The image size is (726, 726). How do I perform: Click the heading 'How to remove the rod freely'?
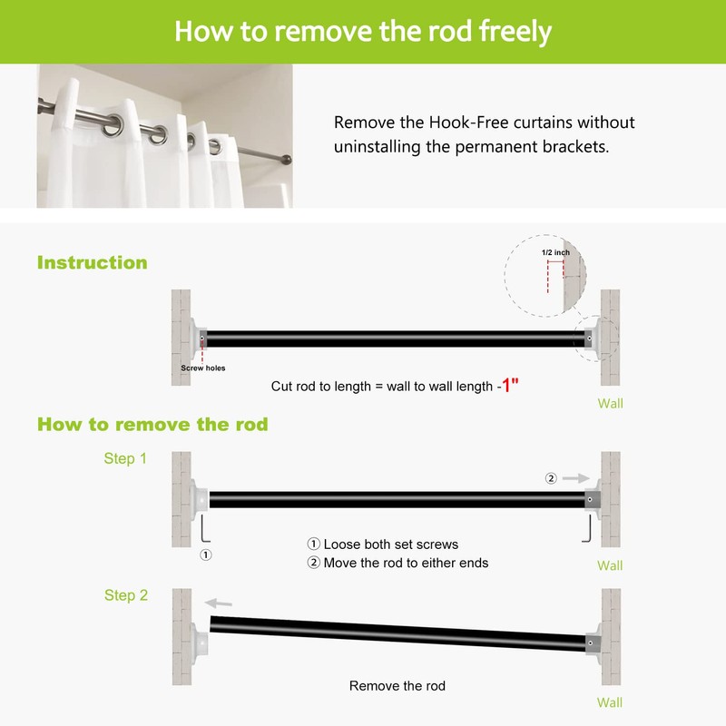pyautogui.click(x=363, y=31)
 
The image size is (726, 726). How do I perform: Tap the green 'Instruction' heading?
pyautogui.click(x=92, y=263)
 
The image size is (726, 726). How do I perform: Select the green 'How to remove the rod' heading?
pyautogui.click(x=152, y=424)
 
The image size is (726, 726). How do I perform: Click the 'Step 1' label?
pyautogui.click(x=125, y=459)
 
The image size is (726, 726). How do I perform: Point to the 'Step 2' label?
pyautogui.click(x=125, y=595)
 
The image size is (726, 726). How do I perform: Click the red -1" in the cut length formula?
pyautogui.click(x=509, y=386)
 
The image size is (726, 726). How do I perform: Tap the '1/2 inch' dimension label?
pyautogui.click(x=554, y=252)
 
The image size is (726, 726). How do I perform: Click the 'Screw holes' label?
pyautogui.click(x=202, y=368)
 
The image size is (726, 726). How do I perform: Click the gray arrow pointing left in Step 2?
pyautogui.click(x=218, y=602)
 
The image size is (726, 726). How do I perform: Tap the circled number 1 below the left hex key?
pyautogui.click(x=206, y=554)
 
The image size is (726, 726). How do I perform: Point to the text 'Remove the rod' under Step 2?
pyautogui.click(x=397, y=686)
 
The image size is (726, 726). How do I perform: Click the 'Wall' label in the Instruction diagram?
pyautogui.click(x=610, y=404)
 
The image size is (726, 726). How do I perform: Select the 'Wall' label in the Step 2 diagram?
pyautogui.click(x=610, y=702)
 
